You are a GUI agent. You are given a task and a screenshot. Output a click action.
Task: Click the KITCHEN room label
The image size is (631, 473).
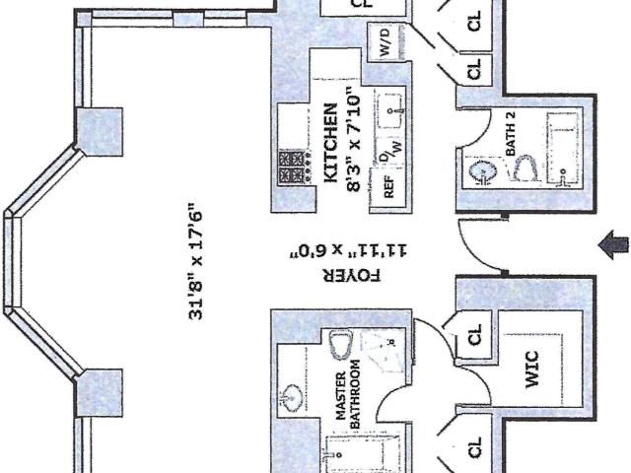point(331,143)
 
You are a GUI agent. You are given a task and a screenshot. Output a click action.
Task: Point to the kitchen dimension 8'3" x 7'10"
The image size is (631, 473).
point(353,139)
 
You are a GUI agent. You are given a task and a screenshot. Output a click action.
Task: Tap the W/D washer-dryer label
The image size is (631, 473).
point(385,41)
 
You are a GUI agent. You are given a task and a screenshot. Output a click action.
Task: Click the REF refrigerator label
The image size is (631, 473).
point(388,186)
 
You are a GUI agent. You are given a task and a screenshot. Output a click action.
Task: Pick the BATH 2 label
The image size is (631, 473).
point(511,134)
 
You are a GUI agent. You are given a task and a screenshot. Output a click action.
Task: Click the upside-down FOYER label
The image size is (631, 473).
point(351,276)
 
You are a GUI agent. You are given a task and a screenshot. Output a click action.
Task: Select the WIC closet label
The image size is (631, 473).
point(532,370)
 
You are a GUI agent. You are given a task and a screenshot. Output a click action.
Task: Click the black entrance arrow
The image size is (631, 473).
point(613,244)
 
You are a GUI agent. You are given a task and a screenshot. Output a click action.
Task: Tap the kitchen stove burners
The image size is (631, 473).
point(294,168)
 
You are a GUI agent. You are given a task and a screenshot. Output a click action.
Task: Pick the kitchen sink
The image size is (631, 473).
point(390,110)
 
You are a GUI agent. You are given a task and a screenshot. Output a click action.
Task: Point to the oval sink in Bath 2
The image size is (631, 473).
point(482,171)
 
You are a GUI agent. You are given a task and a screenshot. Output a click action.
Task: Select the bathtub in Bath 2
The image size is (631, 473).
point(562,149)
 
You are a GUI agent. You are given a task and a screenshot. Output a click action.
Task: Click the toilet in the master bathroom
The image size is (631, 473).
point(341,344)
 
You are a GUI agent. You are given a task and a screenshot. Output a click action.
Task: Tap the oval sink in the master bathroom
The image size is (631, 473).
point(290,400)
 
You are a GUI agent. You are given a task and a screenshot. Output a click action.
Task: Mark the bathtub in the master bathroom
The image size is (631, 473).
point(362,453)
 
